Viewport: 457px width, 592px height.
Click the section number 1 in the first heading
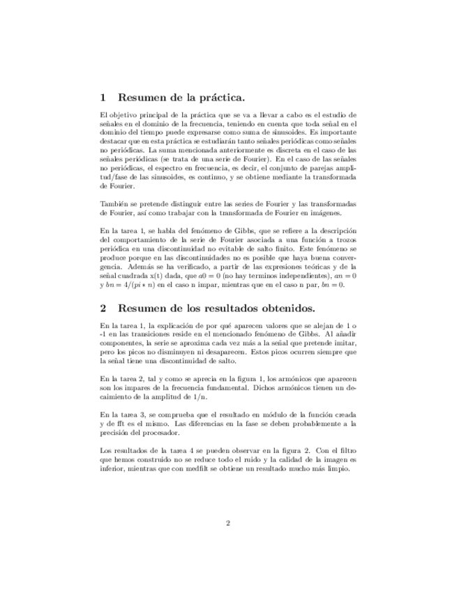103,98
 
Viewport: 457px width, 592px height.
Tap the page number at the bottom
228,522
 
